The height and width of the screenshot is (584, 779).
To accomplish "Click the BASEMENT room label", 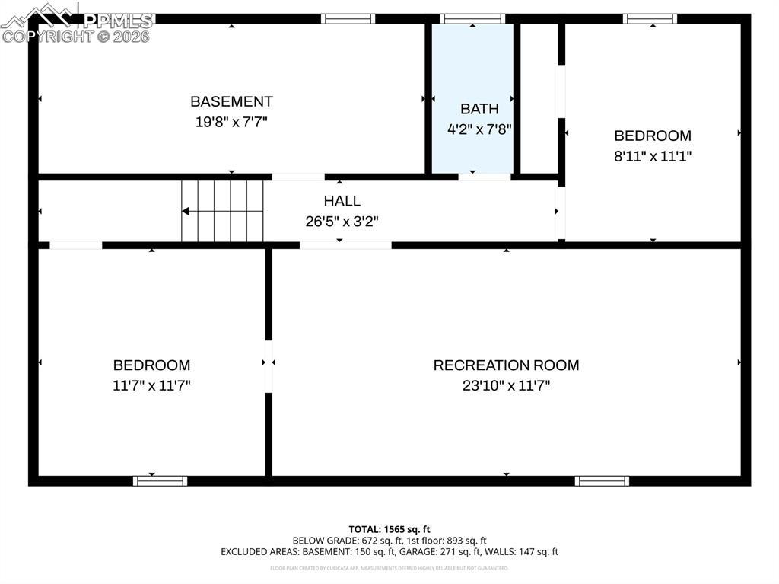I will [231, 101].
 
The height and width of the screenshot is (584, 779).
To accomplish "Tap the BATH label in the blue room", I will [479, 109].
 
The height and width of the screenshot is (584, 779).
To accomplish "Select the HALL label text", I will [342, 201].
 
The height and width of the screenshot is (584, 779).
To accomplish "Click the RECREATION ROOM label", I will [506, 365].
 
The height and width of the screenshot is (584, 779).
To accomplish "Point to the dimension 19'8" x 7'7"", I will [231, 121].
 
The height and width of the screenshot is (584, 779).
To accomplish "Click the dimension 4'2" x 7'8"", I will [479, 129].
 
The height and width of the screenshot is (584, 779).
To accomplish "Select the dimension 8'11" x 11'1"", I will [653, 156].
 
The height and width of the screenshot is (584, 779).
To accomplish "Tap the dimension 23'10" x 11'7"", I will [506, 385].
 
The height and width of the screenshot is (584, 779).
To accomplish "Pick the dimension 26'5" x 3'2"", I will [342, 222].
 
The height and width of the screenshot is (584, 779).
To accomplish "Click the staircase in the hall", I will [222, 211].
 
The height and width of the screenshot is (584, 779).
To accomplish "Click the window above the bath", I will [472, 18].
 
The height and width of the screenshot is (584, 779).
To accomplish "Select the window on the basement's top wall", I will [348, 18].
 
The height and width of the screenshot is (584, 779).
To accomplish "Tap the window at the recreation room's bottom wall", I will [602, 480].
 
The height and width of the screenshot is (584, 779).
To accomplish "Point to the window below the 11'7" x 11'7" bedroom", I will [160, 480].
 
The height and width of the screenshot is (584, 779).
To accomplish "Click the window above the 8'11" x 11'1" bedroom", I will [650, 18].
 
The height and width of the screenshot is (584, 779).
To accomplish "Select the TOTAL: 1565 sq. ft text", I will [389, 529].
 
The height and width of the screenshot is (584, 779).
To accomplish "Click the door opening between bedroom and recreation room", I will [269, 366].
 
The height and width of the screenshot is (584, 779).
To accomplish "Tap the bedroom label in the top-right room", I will [653, 136].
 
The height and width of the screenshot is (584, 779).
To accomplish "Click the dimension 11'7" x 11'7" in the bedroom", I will [151, 385].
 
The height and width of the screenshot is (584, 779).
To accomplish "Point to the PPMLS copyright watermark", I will [76, 23].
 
